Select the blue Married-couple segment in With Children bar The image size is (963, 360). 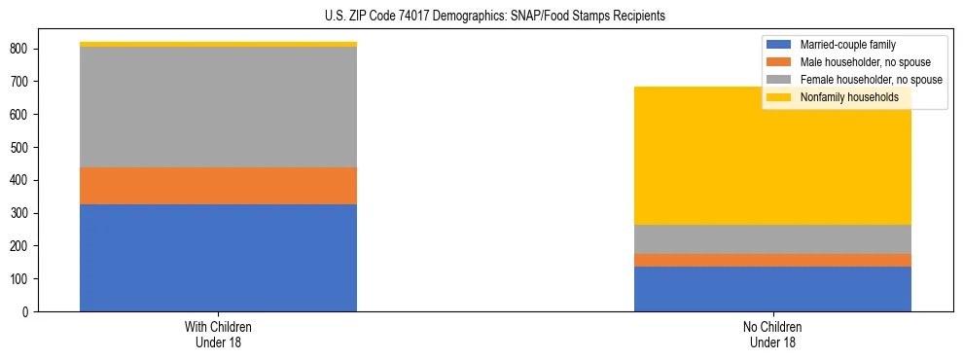(x=218, y=258)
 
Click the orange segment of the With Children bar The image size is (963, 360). (x=218, y=186)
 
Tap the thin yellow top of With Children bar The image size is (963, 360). (x=218, y=44)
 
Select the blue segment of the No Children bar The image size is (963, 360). (x=772, y=289)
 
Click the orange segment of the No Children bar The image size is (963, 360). (x=772, y=260)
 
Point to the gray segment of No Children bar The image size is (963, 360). (x=772, y=239)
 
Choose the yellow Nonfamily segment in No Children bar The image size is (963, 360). (x=772, y=156)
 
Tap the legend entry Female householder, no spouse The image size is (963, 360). (x=870, y=80)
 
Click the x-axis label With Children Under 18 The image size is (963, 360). (x=218, y=334)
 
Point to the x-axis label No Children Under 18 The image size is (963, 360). (x=772, y=334)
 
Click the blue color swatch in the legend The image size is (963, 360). (x=779, y=45)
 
